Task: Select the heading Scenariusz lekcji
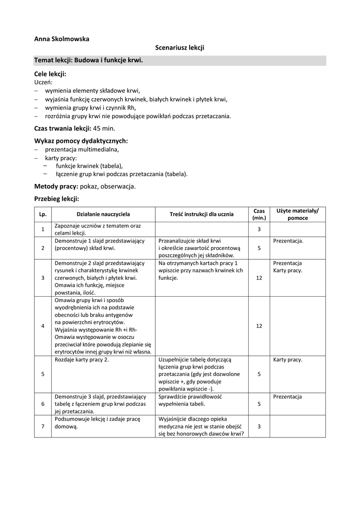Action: [x=180, y=47]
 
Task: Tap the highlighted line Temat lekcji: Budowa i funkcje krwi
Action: [x=88, y=60]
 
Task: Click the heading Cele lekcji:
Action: [x=50, y=74]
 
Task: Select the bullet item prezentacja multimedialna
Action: [x=82, y=149]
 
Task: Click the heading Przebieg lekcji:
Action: [x=56, y=198]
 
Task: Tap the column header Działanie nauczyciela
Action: [x=103, y=214]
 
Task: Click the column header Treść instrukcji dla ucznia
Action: [x=201, y=214]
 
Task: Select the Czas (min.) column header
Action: [x=259, y=214]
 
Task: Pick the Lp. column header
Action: [x=43, y=214]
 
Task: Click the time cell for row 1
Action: [x=259, y=229]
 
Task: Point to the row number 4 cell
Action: [x=43, y=326]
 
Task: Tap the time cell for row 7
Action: [x=259, y=426]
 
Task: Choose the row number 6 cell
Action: [x=43, y=404]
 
